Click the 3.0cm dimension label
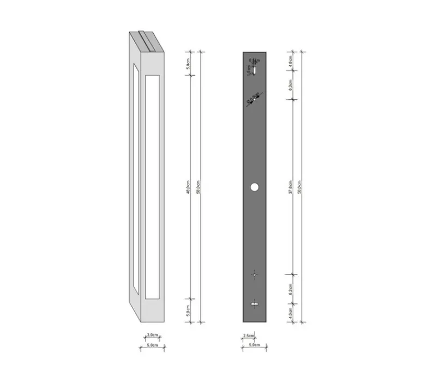(x=152, y=335)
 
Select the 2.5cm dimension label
(x=248, y=336)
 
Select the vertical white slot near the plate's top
(x=254, y=69)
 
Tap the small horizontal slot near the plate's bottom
(x=254, y=303)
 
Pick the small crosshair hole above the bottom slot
(x=254, y=275)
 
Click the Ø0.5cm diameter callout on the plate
(x=252, y=100)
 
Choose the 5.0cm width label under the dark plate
(x=254, y=345)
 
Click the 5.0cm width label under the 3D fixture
(x=152, y=345)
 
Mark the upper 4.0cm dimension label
(x=291, y=59)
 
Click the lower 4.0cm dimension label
(x=291, y=313)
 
